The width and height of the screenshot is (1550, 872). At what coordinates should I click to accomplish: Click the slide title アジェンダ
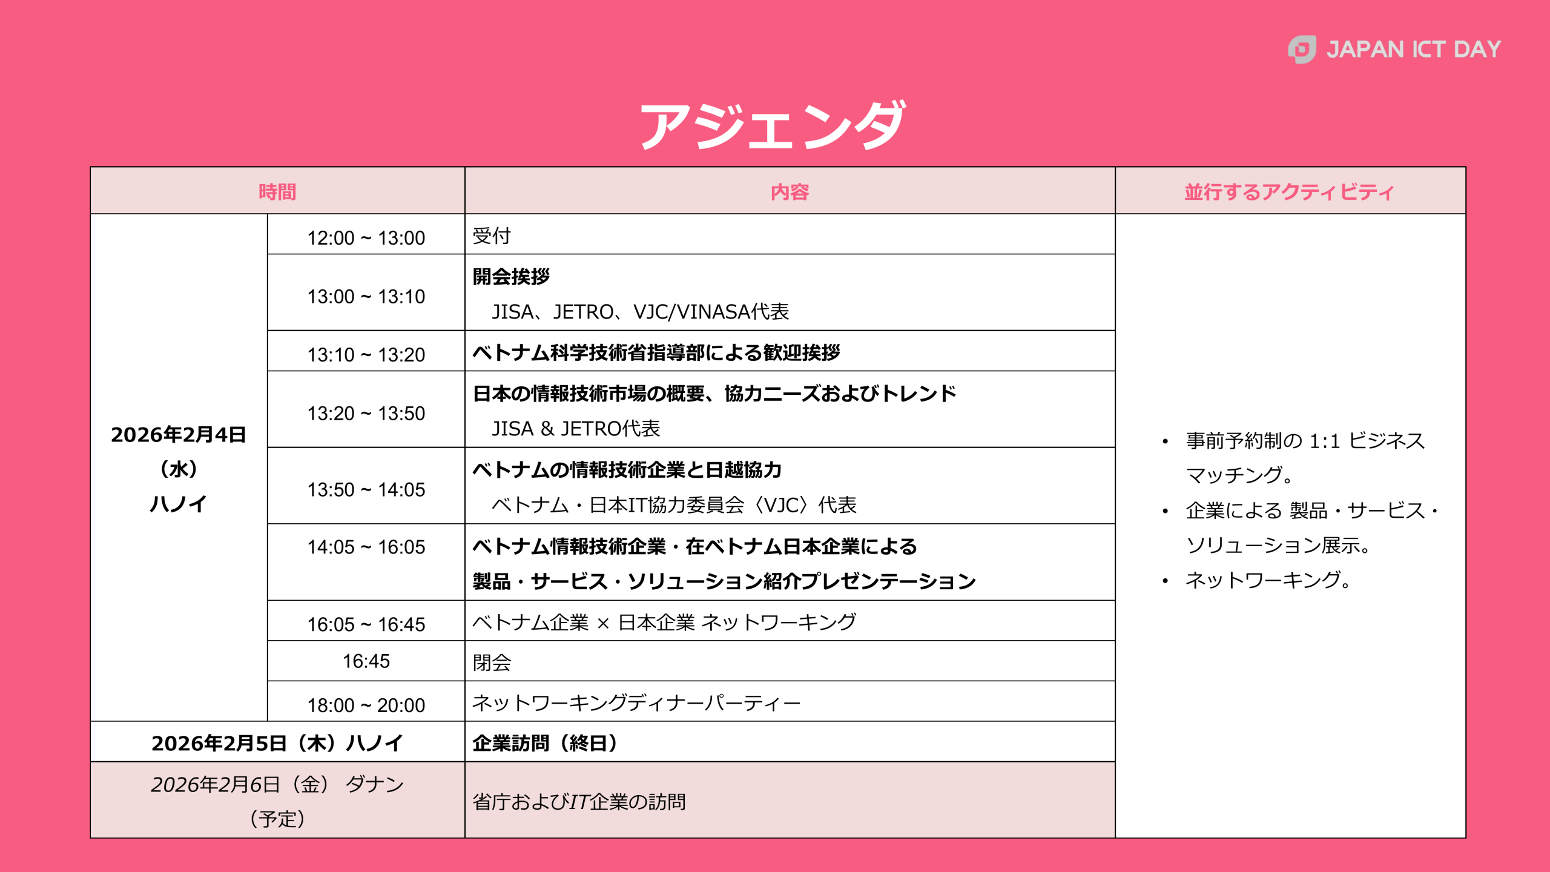pyautogui.click(x=773, y=125)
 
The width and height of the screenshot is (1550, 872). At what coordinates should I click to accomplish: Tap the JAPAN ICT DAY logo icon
pyautogui.click(x=1302, y=49)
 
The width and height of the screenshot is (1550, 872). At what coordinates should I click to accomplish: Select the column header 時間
pyautogui.click(x=277, y=192)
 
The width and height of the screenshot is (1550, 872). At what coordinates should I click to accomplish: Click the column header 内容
pyautogui.click(x=790, y=192)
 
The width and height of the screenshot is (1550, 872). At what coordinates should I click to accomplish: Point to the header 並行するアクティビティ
pyautogui.click(x=1290, y=192)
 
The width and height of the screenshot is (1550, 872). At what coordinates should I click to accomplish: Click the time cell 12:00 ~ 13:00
pyautogui.click(x=366, y=237)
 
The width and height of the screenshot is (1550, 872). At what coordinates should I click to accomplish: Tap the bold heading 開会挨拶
pyautogui.click(x=511, y=276)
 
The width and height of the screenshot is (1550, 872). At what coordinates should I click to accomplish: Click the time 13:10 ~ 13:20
pyautogui.click(x=366, y=354)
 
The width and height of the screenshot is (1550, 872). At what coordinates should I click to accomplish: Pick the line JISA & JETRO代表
pyautogui.click(x=576, y=429)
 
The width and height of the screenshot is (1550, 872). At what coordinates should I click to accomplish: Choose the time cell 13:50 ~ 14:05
pyautogui.click(x=366, y=489)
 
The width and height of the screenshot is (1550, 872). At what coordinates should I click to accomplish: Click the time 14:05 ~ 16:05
pyautogui.click(x=366, y=547)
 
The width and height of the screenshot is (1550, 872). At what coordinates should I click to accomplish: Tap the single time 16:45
pyautogui.click(x=366, y=661)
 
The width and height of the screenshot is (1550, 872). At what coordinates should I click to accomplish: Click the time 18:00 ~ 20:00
pyautogui.click(x=366, y=705)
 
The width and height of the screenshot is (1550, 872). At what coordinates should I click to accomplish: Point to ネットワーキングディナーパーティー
pyautogui.click(x=636, y=702)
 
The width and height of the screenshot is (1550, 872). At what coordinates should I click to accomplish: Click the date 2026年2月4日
pyautogui.click(x=179, y=435)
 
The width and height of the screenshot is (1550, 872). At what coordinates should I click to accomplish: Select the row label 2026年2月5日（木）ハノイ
pyautogui.click(x=277, y=743)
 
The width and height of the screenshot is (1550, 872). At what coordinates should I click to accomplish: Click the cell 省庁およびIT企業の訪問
pyautogui.click(x=579, y=801)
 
